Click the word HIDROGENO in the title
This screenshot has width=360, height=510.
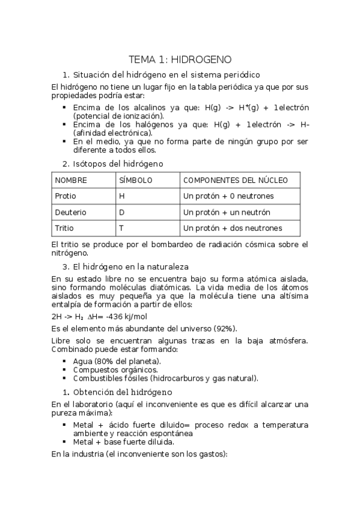(x=201, y=60)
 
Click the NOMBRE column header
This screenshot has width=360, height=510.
(x=71, y=180)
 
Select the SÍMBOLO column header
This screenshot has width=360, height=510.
(x=136, y=180)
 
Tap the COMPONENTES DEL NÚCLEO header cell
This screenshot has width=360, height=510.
(x=235, y=180)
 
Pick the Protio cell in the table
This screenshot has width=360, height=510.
(x=66, y=196)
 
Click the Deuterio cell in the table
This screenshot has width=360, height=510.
(x=70, y=212)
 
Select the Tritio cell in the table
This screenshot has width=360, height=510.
(x=64, y=229)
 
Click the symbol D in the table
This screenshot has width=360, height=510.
(x=121, y=212)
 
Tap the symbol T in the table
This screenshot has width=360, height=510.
(x=121, y=229)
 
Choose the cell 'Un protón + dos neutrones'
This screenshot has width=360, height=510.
(x=233, y=229)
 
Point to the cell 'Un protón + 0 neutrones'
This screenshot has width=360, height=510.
(x=228, y=196)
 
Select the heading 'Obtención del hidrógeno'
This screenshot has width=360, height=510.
(x=121, y=392)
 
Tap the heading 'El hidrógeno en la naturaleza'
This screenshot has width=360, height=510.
(x=133, y=266)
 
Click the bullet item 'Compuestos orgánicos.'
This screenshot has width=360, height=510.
(x=115, y=369)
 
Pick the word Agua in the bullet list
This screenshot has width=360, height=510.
(x=82, y=361)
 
